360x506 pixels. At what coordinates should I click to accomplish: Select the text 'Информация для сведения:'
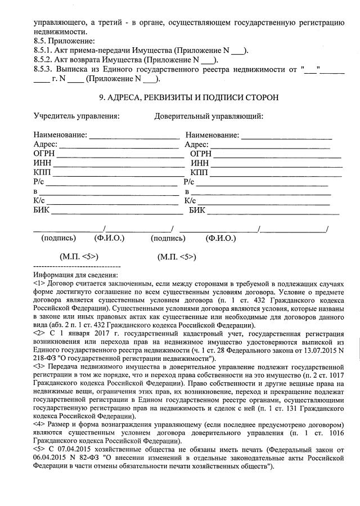(x=75, y=275)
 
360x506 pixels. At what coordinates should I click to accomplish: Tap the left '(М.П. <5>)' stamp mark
(x=79, y=257)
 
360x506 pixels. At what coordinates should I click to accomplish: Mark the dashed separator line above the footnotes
(x=77, y=266)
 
